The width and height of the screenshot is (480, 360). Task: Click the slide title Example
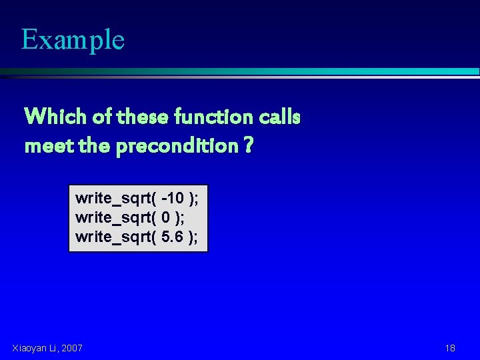pyautogui.click(x=73, y=39)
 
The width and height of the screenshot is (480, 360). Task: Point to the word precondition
pyautogui.click(x=176, y=145)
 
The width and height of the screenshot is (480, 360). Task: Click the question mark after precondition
pyautogui.click(x=248, y=145)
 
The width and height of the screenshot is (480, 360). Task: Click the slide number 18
pyautogui.click(x=450, y=348)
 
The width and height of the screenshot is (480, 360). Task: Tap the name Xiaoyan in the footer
pyautogui.click(x=29, y=348)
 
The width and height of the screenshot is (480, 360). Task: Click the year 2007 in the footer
pyautogui.click(x=71, y=348)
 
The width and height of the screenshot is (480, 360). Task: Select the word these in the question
pyautogui.click(x=142, y=117)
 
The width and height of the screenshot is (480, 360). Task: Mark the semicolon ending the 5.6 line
pyautogui.click(x=196, y=237)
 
